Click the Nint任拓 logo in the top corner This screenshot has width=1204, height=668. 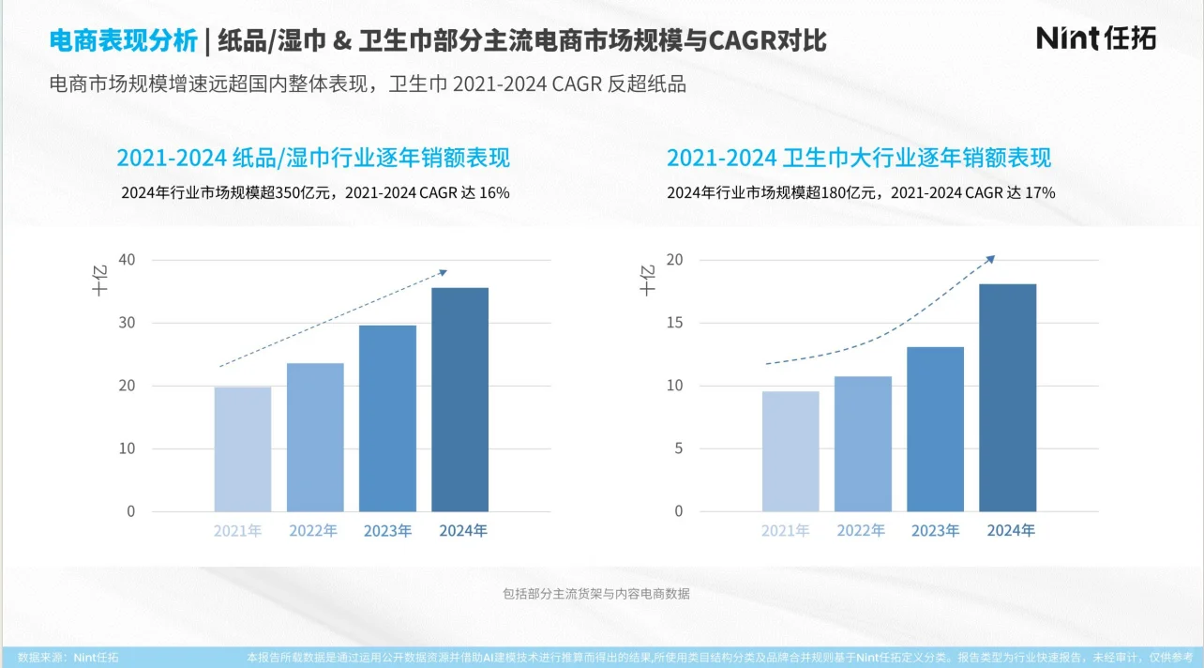coord(1095,38)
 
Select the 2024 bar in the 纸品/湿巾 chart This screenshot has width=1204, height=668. coord(459,400)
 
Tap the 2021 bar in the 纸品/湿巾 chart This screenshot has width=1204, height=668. coord(243,449)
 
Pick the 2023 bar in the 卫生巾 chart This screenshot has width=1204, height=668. coord(935,429)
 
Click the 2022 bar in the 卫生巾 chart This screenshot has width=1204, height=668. coord(863,444)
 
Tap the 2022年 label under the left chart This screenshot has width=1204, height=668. coord(313,531)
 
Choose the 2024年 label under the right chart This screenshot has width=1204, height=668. coord(1011,531)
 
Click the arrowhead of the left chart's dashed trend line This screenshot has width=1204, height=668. coord(444,272)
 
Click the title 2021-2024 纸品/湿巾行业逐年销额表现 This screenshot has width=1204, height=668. coord(313,157)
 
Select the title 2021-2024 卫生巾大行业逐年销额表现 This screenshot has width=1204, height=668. coord(859,157)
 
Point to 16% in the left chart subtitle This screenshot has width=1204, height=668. coord(493,193)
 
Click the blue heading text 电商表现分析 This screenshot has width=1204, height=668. coord(123,40)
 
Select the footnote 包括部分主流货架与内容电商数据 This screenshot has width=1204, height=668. coord(596,593)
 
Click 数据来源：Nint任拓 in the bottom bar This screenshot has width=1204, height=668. coord(68,658)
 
